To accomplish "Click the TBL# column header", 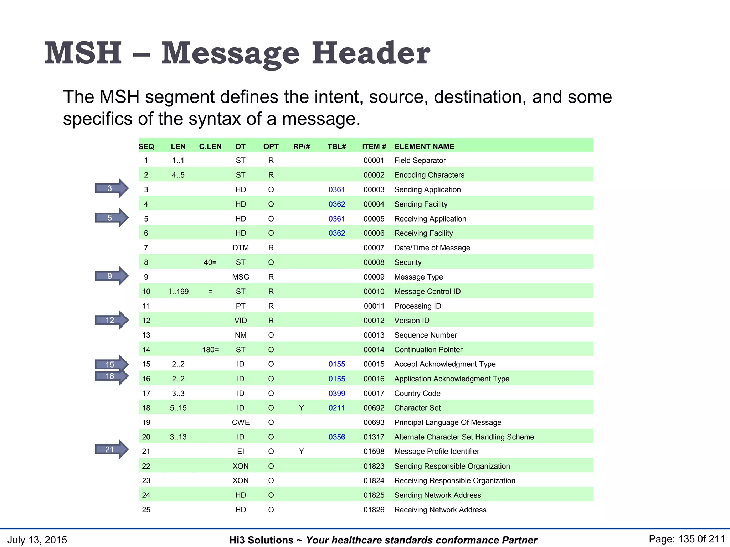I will tap(337, 146).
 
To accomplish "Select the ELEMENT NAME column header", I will tap(424, 146).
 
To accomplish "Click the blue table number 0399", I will tap(337, 394).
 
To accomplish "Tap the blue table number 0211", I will tap(337, 408).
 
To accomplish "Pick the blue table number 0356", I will tap(337, 437).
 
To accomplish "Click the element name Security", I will tap(408, 262).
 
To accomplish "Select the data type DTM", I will tap(241, 248).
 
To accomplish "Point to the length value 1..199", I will tap(178, 292).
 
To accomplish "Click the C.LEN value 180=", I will tap(210, 350).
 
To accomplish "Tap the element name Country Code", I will tap(417, 394).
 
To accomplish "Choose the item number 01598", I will tap(374, 452).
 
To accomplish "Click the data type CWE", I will tap(241, 422).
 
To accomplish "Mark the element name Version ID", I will tap(412, 321).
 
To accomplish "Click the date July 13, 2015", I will tap(37, 540).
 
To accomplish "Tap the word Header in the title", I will tap(371, 53).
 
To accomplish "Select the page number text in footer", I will tap(687, 539).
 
